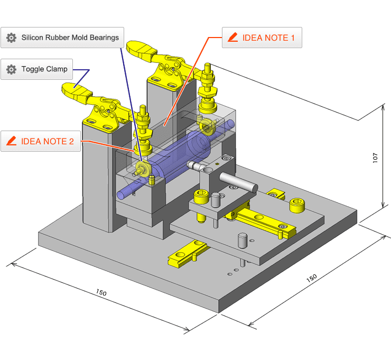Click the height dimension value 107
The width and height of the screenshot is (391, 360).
click(x=375, y=157)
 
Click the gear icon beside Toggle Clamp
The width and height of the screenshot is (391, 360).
click(x=11, y=69)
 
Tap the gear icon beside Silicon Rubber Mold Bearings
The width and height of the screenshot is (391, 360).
click(x=11, y=38)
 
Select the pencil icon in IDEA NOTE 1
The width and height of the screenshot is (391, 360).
click(x=232, y=38)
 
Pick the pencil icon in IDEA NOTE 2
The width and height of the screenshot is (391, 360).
click(x=11, y=141)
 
